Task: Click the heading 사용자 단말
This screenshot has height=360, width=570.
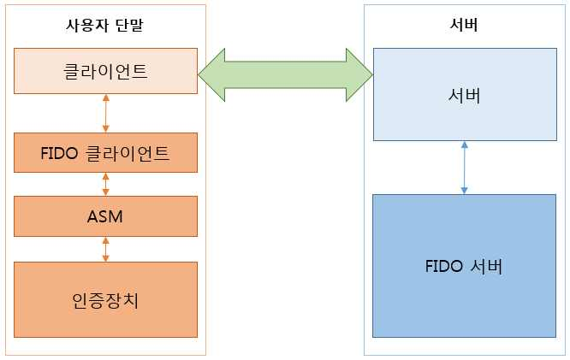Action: tap(105, 24)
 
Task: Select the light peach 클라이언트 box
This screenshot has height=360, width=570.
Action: tap(105, 71)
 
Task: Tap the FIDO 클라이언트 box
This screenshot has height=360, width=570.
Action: tap(105, 153)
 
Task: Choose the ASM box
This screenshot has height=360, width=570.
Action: tap(105, 216)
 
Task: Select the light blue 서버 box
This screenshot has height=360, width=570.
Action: tap(464, 94)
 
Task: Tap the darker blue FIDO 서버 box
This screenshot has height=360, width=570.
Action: tap(464, 266)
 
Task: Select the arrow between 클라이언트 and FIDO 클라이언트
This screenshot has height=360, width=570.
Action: tap(105, 113)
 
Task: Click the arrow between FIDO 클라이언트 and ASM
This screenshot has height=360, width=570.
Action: tap(105, 184)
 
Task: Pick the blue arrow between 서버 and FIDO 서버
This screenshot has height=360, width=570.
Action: tap(464, 168)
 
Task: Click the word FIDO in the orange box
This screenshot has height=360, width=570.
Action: tap(58, 154)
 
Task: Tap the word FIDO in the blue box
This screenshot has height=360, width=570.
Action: tap(443, 266)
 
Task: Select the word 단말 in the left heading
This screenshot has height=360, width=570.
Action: tap(129, 24)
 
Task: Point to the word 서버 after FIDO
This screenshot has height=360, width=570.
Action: tap(485, 266)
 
